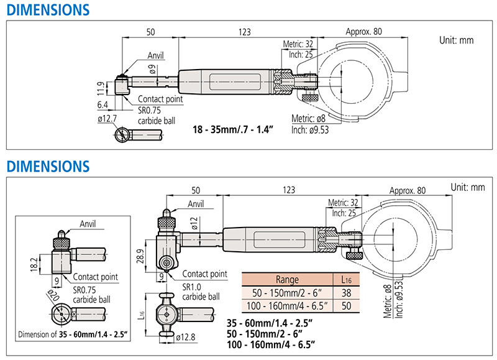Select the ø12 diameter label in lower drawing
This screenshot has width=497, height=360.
tap(194, 223)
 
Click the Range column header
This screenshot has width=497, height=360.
tap(286, 279)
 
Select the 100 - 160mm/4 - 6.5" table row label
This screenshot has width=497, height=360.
tap(286, 305)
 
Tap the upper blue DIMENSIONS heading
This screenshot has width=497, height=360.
tap(46, 11)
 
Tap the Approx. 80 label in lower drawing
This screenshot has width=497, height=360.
tap(408, 190)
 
